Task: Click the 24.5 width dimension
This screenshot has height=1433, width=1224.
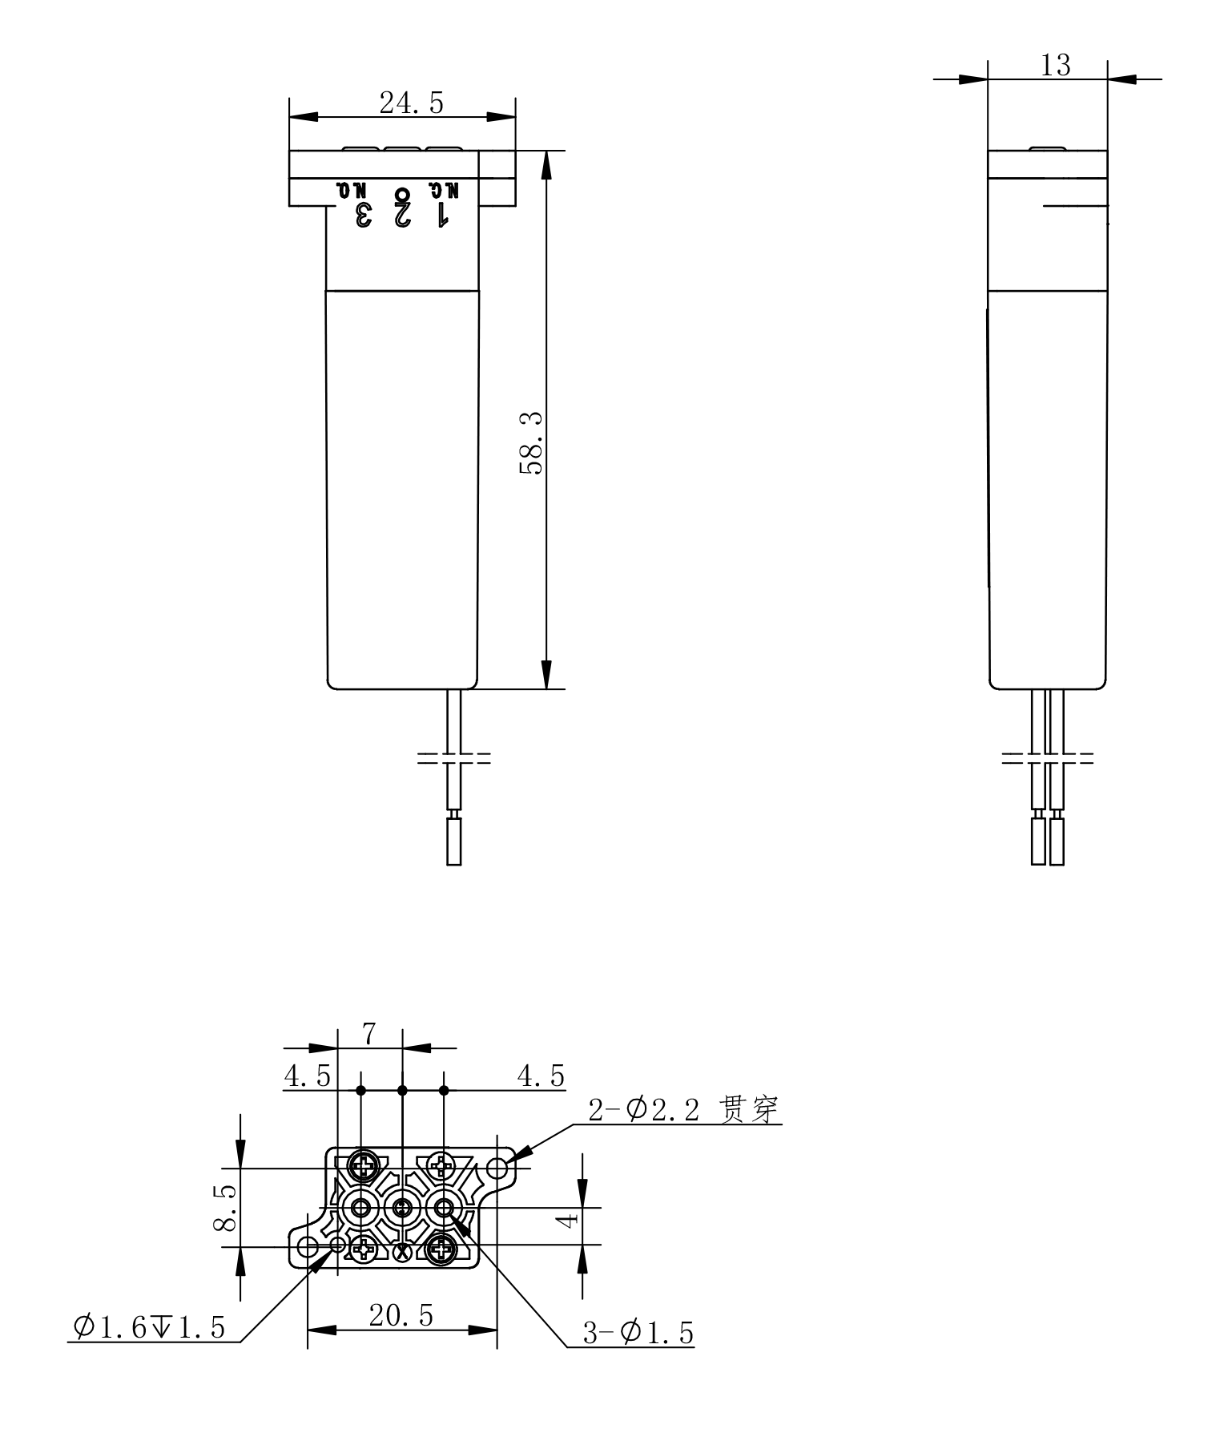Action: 411,103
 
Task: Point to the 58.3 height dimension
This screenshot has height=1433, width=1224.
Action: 531,443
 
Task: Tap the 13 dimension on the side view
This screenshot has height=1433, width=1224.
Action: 1055,66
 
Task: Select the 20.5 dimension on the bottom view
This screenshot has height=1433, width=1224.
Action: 401,1314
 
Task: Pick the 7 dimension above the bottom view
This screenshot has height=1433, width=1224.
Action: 368,1034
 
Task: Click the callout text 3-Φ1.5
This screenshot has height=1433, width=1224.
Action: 638,1333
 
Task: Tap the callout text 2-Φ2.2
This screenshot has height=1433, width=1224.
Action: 645,1110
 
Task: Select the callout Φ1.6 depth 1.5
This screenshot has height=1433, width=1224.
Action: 149,1327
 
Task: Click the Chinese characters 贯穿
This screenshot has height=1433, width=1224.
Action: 749,1110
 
